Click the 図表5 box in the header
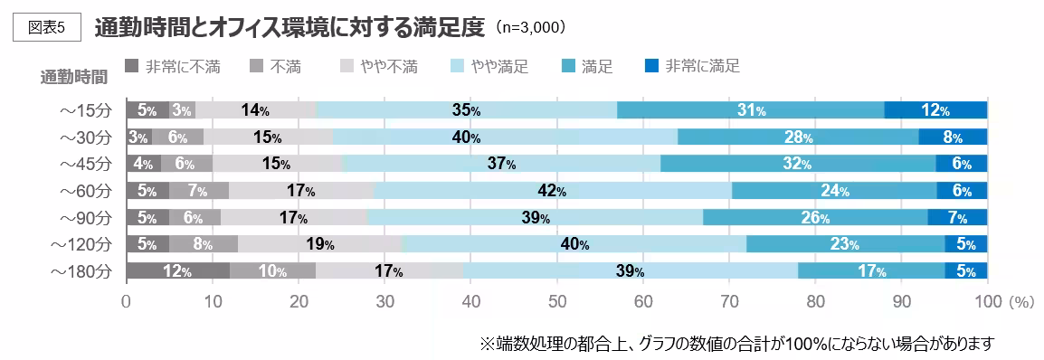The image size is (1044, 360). (x=48, y=26)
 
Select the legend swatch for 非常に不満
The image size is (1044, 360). (x=131, y=65)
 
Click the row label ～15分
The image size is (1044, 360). (x=84, y=110)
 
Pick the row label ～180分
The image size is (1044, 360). (x=81, y=271)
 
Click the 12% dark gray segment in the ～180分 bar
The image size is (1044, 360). (x=177, y=271)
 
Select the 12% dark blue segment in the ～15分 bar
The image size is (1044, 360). (x=935, y=110)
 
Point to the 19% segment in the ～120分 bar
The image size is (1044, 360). (x=319, y=244)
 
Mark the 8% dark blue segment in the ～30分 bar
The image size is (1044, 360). (x=953, y=137)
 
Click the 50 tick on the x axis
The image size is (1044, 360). (x=556, y=301)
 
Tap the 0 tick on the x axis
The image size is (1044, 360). (x=127, y=301)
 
